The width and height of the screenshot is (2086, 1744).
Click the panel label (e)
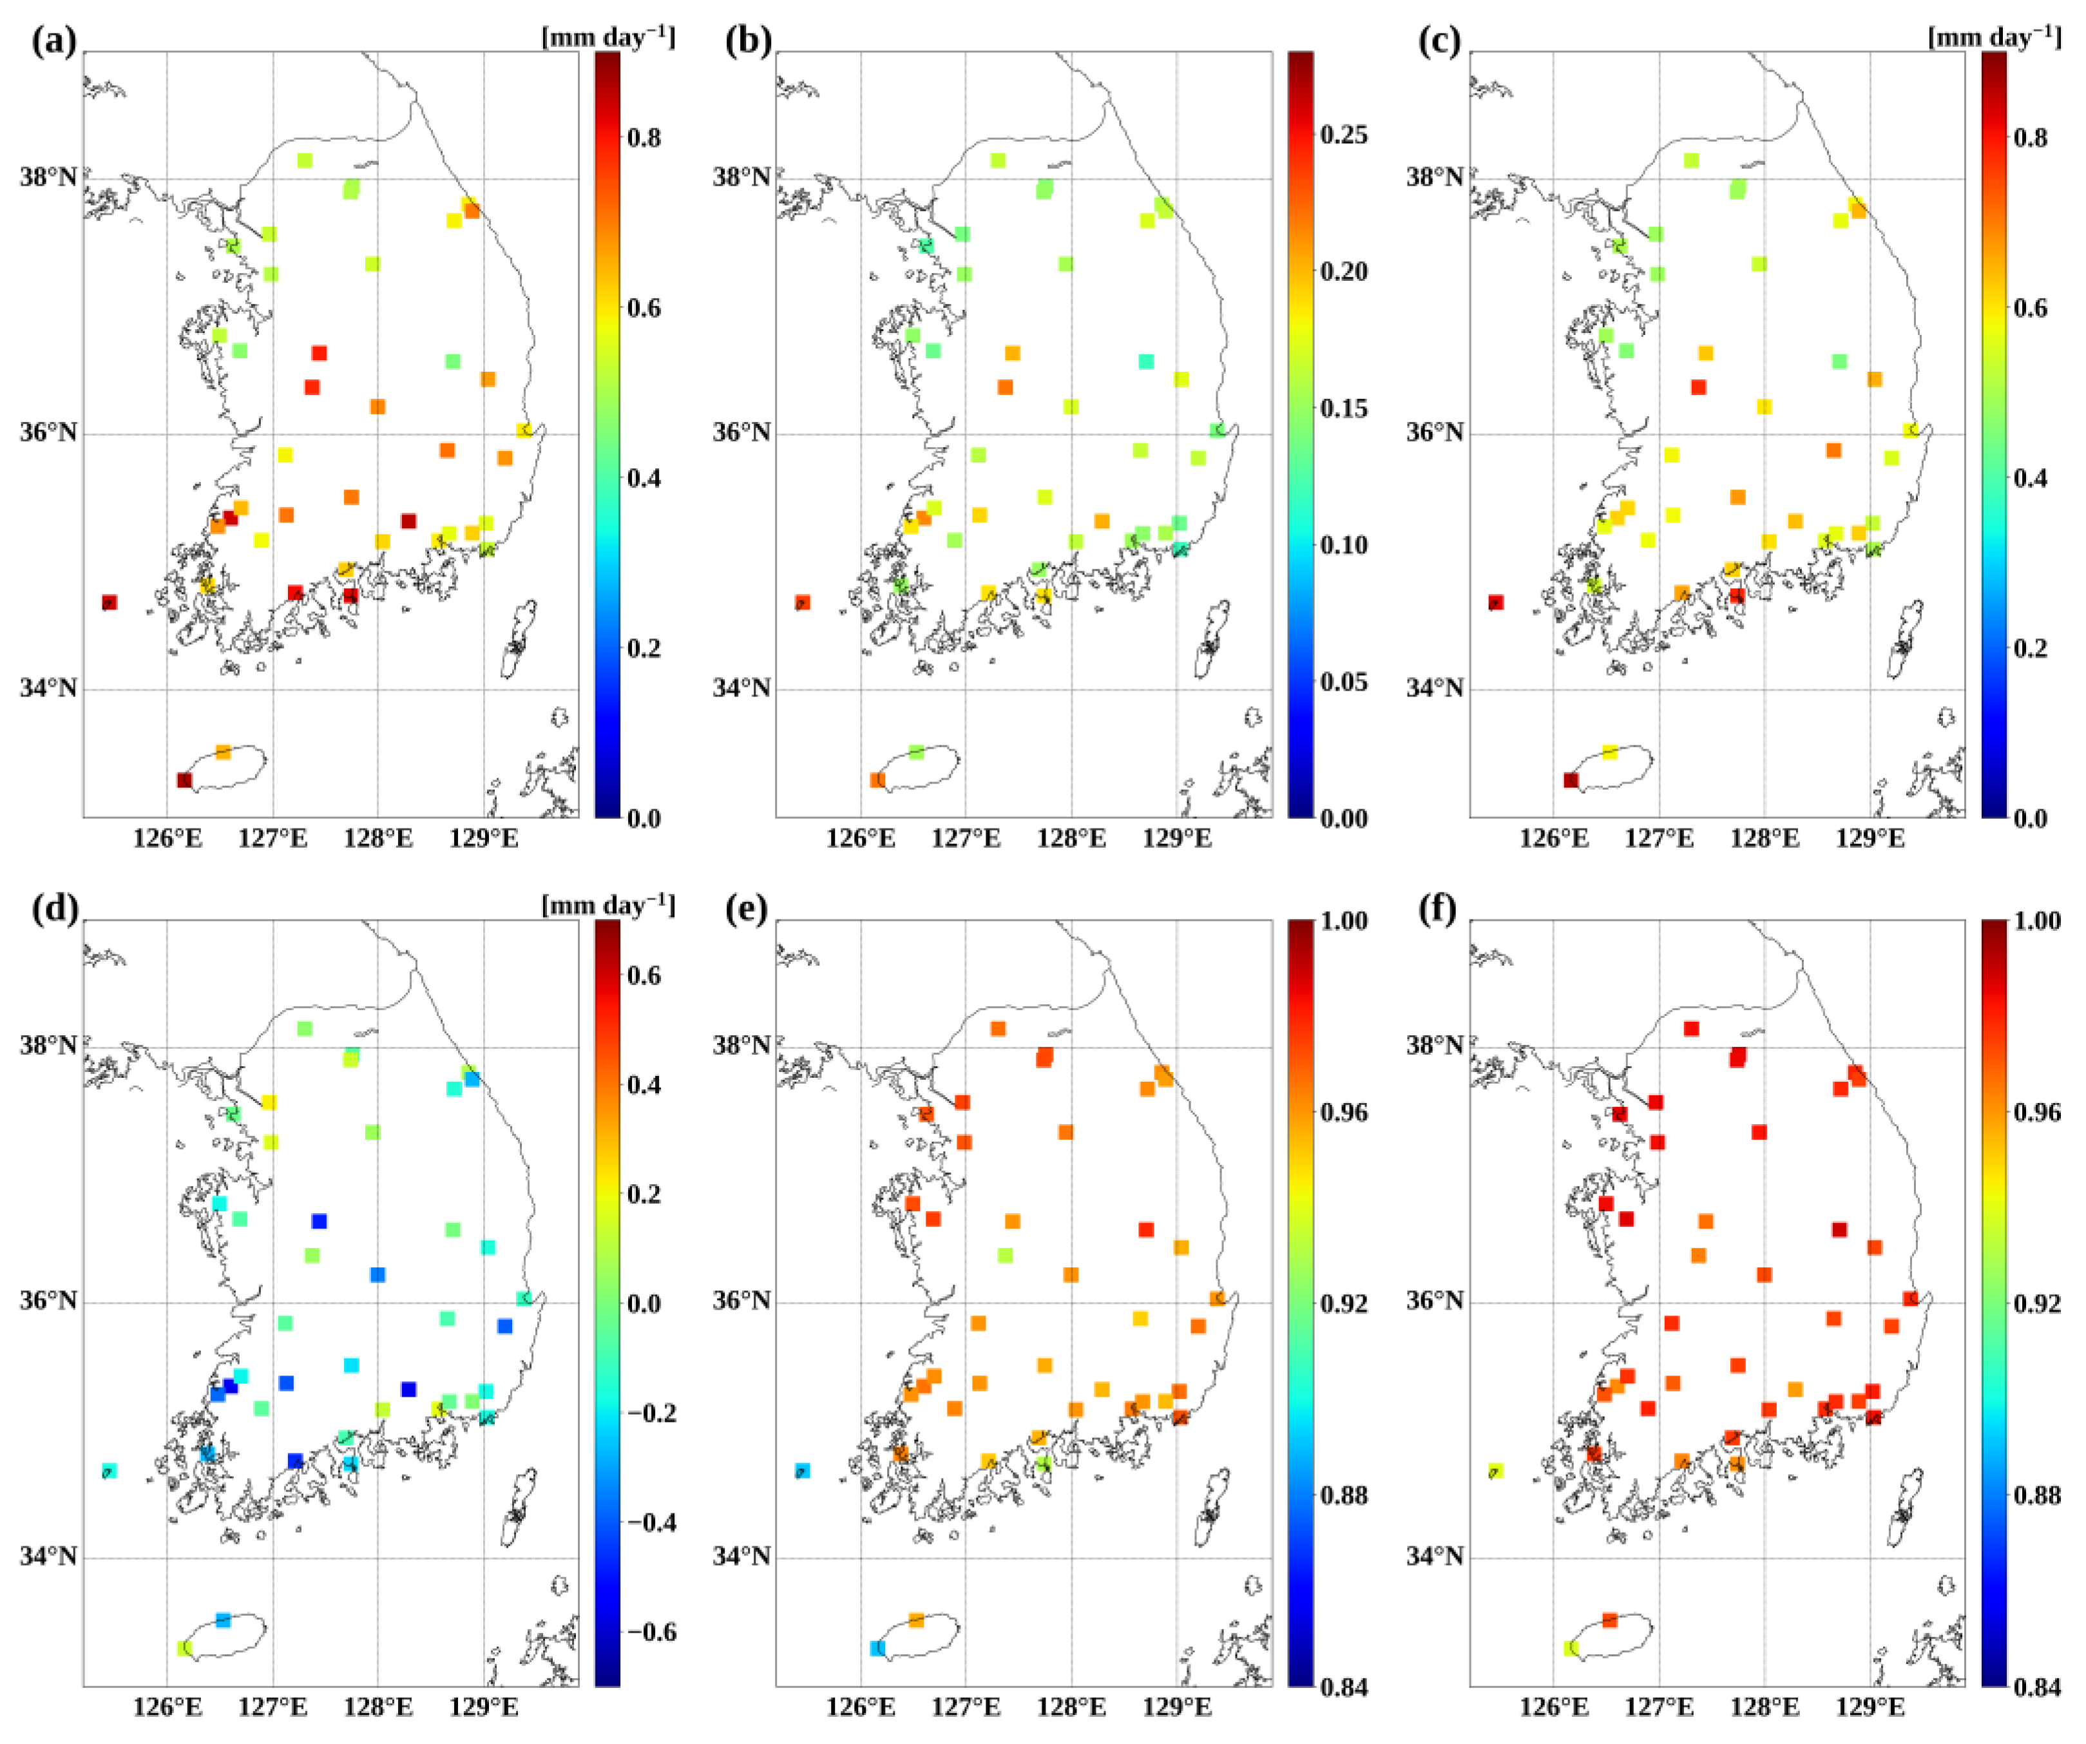point(748,909)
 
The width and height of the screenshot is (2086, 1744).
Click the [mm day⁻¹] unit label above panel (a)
point(607,37)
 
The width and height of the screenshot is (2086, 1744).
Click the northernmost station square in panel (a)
point(305,160)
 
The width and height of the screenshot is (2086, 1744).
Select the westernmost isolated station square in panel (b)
point(803,602)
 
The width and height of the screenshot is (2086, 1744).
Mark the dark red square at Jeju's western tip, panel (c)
point(1571,780)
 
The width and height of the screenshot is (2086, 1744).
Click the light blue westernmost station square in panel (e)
point(803,1470)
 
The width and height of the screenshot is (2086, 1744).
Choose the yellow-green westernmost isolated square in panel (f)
point(1496,1470)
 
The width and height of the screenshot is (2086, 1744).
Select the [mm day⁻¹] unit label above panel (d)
point(607,905)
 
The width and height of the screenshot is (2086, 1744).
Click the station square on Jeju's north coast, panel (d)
point(224,1620)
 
